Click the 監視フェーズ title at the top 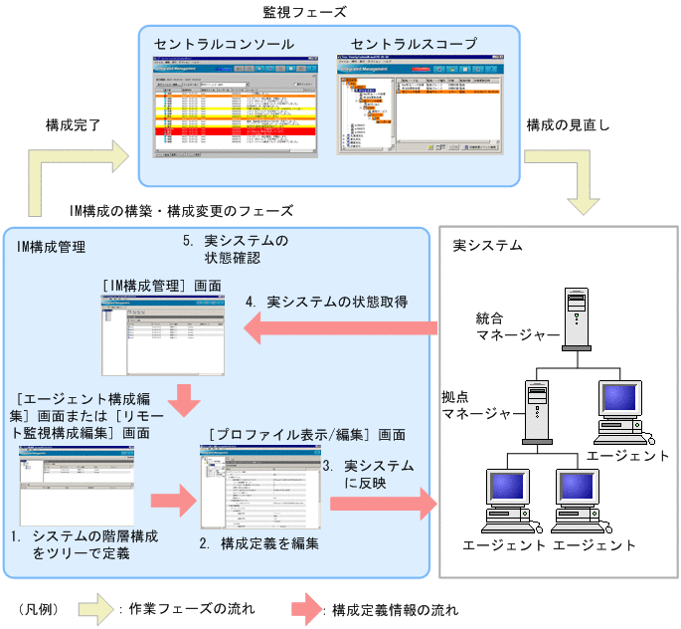304,13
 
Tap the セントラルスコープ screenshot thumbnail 420,105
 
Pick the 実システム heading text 487,245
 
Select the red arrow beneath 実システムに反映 383,502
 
